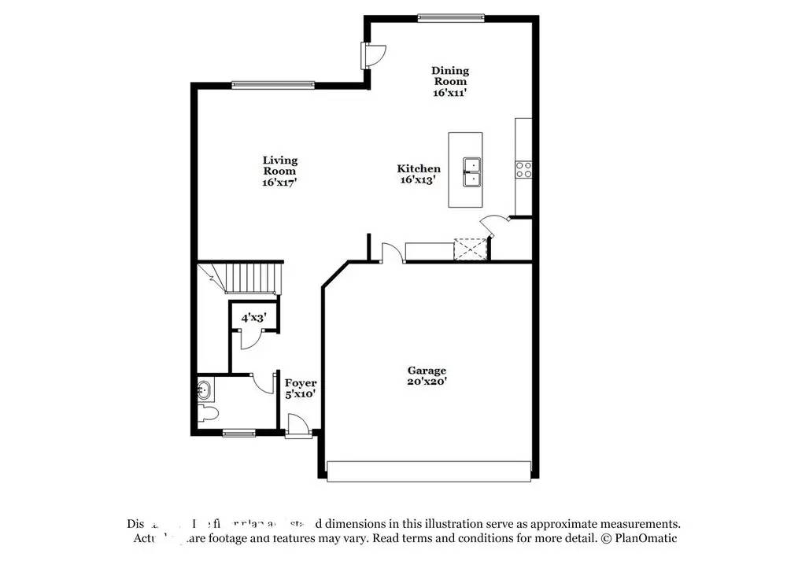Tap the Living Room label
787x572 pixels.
[279, 165]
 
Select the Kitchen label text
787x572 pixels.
[419, 168]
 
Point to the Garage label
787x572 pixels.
[427, 371]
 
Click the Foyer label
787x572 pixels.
[301, 383]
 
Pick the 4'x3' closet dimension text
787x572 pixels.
[253, 318]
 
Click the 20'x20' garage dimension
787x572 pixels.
[427, 382]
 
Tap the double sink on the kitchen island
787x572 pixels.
[471, 172]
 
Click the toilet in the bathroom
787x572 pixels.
[208, 414]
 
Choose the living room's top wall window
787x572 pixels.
[272, 85]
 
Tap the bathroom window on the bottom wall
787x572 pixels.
[238, 432]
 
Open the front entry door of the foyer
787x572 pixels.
[298, 429]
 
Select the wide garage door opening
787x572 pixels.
[428, 471]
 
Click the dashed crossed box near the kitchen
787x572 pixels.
[471, 249]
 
